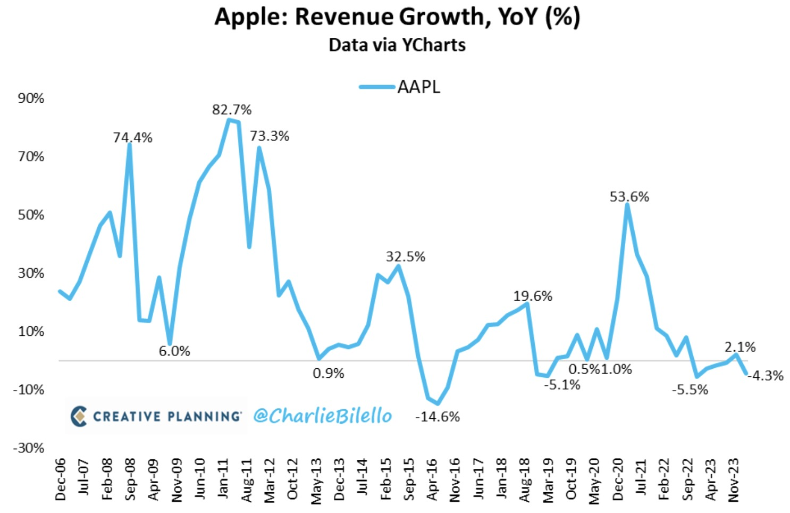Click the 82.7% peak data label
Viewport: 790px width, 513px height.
pos(232,110)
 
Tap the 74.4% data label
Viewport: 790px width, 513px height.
pos(132,138)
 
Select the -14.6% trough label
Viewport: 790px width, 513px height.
pos(438,417)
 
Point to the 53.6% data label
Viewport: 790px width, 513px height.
pos(629,197)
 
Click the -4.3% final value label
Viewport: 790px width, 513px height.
pos(766,376)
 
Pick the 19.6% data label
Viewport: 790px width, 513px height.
pos(533,296)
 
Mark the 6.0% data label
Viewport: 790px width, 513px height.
pos(174,351)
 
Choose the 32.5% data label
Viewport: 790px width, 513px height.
pos(406,257)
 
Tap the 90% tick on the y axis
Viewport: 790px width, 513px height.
pos(31,98)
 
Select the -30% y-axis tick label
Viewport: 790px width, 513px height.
pos(29,448)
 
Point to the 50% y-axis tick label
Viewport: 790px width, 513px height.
pos(31,215)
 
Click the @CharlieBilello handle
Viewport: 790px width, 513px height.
pos(323,416)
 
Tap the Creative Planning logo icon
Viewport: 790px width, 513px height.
pos(79,416)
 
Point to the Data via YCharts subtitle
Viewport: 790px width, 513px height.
pos(397,45)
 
